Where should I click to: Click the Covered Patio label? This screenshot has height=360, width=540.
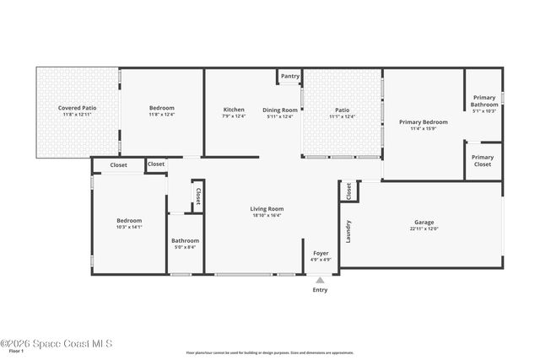tap(76, 108)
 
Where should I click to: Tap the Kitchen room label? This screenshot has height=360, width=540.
tap(234, 110)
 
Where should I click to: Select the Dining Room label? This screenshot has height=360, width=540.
tap(280, 110)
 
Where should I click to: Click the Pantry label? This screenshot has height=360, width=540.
tap(290, 76)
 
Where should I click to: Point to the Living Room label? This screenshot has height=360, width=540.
tap(267, 208)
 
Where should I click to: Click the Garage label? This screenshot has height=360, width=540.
tap(424, 223)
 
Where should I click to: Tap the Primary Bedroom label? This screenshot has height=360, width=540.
tap(423, 122)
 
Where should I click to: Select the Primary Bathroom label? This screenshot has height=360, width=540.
tap(483, 100)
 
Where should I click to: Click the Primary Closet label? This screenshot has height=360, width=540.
tap(483, 160)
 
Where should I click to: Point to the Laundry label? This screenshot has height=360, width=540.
tap(348, 229)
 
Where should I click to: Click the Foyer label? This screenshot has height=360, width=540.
tap(321, 253)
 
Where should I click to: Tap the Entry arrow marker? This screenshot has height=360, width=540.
tap(320, 281)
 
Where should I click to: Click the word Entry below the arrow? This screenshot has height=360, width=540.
tap(320, 290)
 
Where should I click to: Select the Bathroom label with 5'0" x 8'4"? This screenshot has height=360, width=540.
tap(185, 241)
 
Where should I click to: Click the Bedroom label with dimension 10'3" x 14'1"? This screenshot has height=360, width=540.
tap(129, 221)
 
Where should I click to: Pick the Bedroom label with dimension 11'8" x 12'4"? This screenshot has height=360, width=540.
tap(161, 108)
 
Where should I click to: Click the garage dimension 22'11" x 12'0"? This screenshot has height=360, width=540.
tap(424, 228)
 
